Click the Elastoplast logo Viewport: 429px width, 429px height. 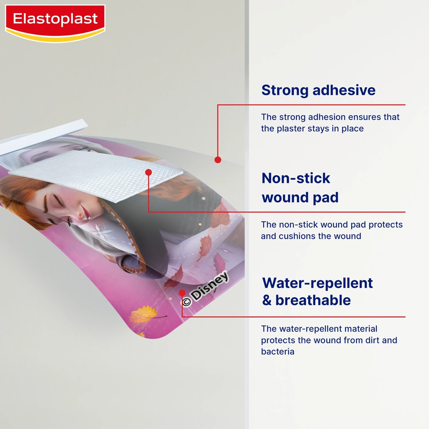[55, 19]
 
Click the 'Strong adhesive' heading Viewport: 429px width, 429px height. [318, 90]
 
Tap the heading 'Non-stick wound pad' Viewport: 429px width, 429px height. [300, 188]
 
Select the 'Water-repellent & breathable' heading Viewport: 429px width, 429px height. [317, 291]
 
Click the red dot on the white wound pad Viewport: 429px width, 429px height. [148, 172]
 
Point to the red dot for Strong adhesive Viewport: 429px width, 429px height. [218, 160]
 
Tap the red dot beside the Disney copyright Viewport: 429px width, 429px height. [182, 292]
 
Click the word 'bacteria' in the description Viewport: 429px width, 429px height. [278, 352]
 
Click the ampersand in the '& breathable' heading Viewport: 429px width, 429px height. [267, 301]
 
